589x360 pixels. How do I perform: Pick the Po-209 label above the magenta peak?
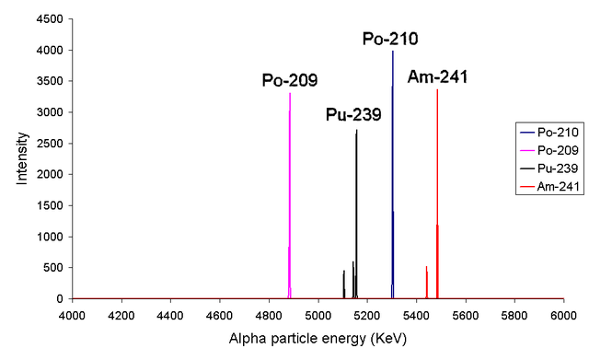(290, 80)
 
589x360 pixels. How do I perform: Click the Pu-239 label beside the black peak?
(353, 115)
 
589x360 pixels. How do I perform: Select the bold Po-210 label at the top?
(389, 39)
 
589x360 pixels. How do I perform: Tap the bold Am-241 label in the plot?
(438, 76)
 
